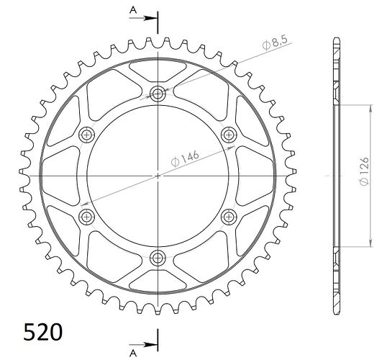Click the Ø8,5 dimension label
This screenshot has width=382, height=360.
pos(275,43)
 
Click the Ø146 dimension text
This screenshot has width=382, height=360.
pos(185,158)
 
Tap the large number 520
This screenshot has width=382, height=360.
pos(43,332)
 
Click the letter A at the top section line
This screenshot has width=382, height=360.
pos(133,10)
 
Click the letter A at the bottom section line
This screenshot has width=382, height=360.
pos(133,353)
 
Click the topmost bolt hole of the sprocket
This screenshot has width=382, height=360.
pos(158,94)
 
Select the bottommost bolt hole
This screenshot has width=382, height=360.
pos(158,258)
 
